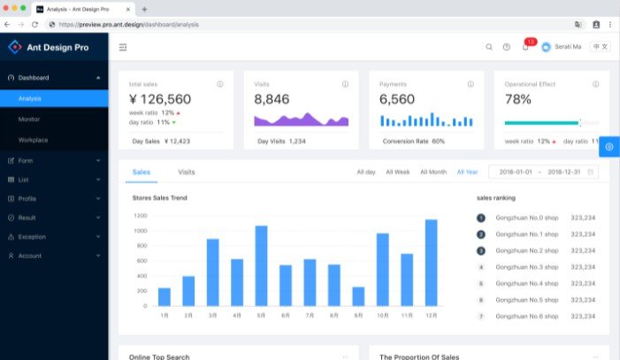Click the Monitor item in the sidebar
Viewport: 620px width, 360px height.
(x=29, y=119)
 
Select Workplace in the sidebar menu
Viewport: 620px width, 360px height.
(x=33, y=140)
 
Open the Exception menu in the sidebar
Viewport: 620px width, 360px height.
(x=32, y=237)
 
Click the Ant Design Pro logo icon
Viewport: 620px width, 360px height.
(x=14, y=47)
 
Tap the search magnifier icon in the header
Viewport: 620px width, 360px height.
(x=489, y=47)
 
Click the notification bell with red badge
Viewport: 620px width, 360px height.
(x=525, y=46)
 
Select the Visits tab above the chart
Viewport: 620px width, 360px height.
(x=187, y=172)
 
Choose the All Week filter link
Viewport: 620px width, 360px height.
(x=397, y=172)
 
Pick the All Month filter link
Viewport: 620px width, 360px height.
(x=432, y=172)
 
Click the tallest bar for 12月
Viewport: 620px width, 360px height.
(x=431, y=263)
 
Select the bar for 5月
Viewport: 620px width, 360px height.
(x=261, y=265)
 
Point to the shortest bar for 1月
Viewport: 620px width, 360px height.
(x=165, y=296)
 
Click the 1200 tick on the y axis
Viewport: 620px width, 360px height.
(x=141, y=215)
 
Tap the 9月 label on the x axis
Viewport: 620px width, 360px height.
(x=358, y=315)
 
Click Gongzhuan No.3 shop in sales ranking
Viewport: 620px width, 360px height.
(x=526, y=266)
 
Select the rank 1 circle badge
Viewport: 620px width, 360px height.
(x=481, y=218)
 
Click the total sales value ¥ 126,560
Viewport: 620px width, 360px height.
(x=160, y=99)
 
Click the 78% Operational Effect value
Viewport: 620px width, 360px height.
(x=517, y=99)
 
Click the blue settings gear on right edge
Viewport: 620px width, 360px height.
(x=610, y=145)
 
